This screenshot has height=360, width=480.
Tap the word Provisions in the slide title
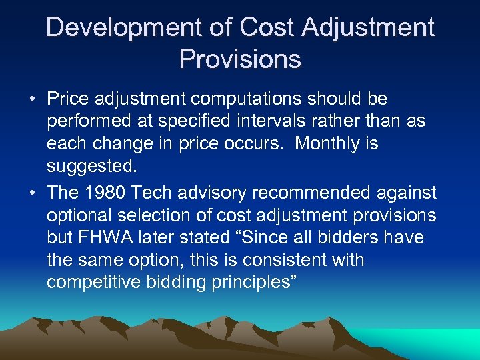pos(240,59)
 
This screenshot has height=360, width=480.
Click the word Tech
pos(151,193)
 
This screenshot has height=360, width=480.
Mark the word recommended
pos(308,193)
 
